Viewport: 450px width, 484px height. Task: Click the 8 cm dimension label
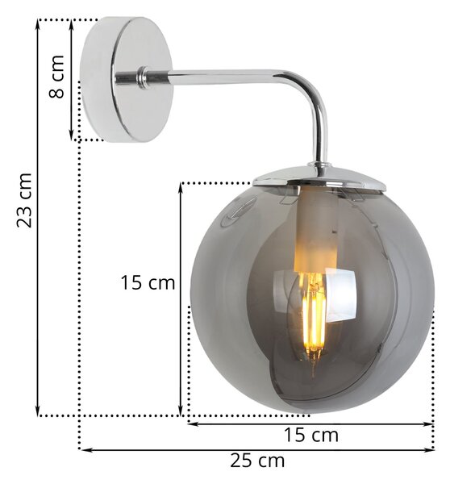coord(56,77)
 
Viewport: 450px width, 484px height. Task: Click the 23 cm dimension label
coord(24,201)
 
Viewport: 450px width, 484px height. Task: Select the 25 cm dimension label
coord(257,461)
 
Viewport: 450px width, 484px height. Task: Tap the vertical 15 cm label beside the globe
coord(148,282)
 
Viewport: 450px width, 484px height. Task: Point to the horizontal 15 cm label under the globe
coord(310,436)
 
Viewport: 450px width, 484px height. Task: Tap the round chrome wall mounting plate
coord(127,79)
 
